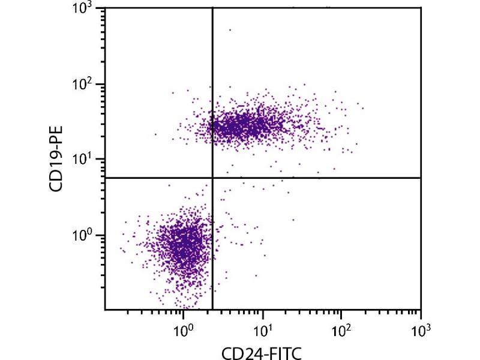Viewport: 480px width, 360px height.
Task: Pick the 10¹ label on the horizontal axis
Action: pos(262,330)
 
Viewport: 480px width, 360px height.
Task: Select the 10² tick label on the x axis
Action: pos(341,330)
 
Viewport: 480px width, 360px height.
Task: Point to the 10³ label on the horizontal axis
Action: pos(421,330)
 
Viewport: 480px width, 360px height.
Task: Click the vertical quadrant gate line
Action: pos(212,90)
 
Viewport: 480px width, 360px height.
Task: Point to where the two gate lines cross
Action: pos(212,178)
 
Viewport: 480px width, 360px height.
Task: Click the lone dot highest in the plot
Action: pos(229,29)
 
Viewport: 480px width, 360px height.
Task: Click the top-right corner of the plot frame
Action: pos(421,8)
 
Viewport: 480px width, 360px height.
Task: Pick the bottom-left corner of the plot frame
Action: pos(105,310)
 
